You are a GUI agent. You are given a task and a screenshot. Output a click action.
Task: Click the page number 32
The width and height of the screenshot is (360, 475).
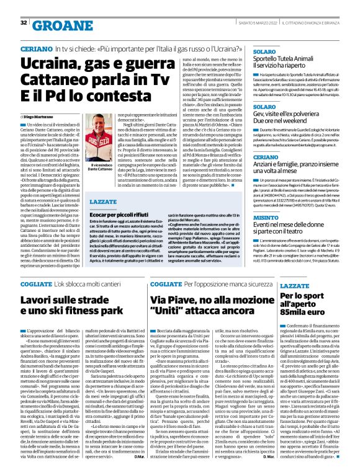(x=24, y=23)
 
